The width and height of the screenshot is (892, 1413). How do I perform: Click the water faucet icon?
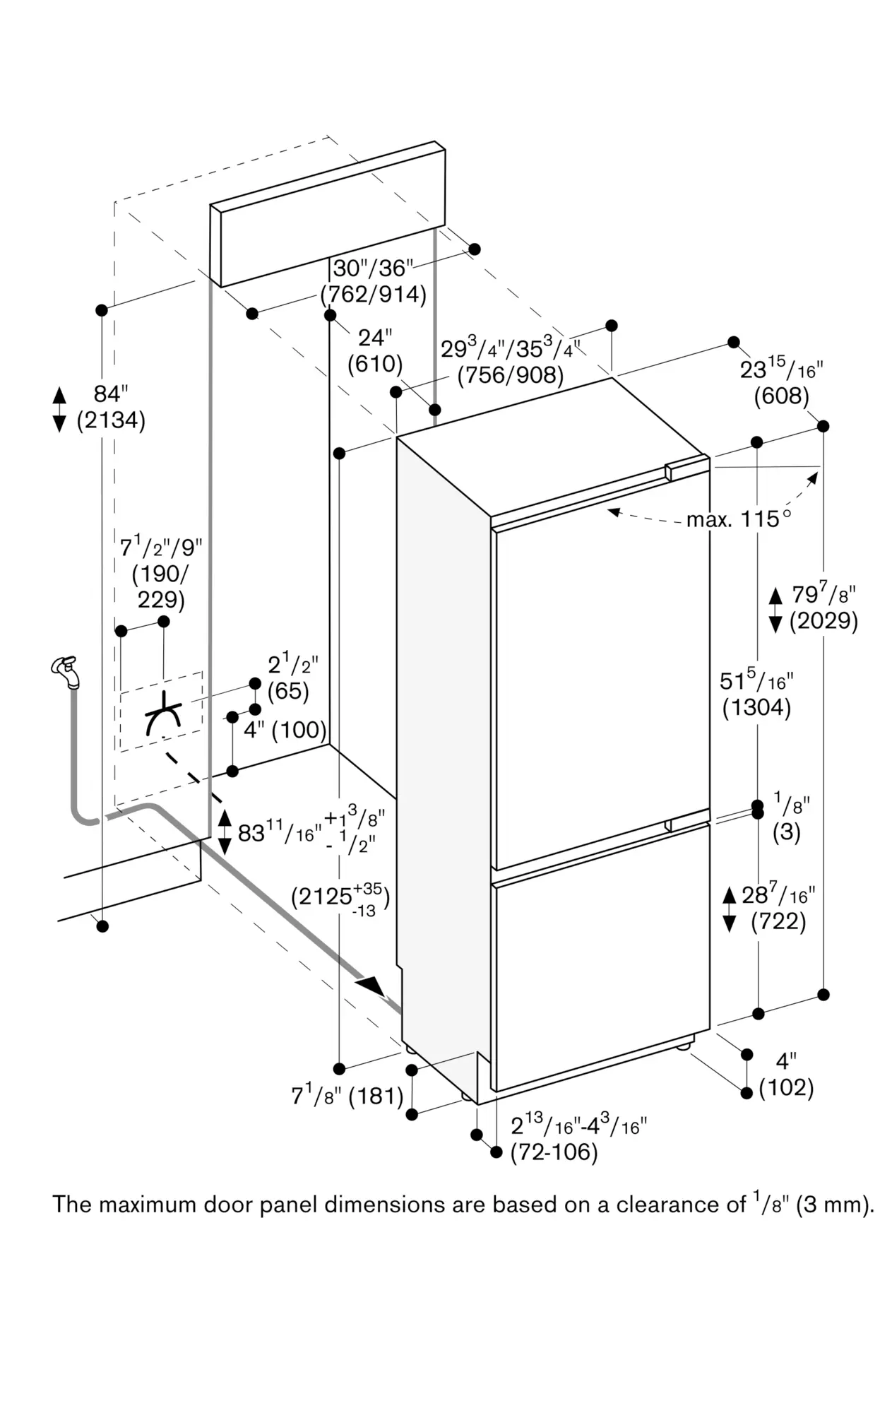click(x=65, y=670)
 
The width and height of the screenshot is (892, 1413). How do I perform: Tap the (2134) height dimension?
click(x=112, y=420)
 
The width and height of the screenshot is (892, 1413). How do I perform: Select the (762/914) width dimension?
click(x=373, y=294)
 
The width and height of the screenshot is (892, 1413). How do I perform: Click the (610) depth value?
click(x=375, y=364)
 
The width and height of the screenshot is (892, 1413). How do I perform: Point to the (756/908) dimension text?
click(x=510, y=375)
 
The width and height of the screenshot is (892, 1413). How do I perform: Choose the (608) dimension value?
click(x=781, y=396)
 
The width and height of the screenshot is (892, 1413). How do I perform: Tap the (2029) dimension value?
click(x=823, y=621)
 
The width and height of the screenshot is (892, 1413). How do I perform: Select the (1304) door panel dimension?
click(x=756, y=707)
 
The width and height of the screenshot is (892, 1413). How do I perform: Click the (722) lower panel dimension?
click(x=778, y=921)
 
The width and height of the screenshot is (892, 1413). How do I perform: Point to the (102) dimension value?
click(x=786, y=1087)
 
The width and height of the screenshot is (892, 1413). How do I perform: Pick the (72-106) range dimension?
click(x=554, y=1152)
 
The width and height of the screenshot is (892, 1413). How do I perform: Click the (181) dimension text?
click(x=376, y=1096)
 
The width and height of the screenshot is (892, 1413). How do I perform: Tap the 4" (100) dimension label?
click(x=285, y=730)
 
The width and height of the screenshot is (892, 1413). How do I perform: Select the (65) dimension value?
click(x=288, y=691)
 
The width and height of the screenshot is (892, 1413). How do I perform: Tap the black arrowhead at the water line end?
click(x=371, y=986)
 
